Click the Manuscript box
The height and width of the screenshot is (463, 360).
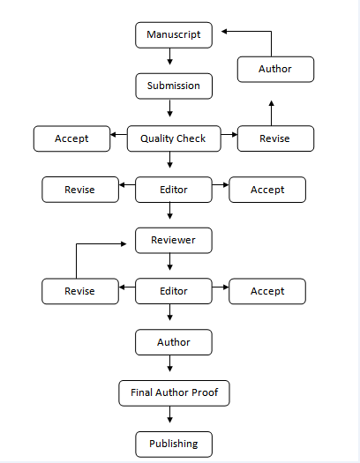174,35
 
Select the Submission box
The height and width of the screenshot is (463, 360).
174,86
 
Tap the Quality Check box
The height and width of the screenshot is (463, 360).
174,138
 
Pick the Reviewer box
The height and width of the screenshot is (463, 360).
174,241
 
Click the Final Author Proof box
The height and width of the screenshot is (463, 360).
174,393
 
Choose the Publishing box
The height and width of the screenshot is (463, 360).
174,444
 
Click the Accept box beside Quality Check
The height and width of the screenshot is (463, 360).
71,138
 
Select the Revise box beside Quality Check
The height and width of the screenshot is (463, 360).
275,138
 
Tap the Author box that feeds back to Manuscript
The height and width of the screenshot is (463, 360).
275,69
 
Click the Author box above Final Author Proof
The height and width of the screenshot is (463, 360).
174,342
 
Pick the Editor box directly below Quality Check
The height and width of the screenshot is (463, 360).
174,190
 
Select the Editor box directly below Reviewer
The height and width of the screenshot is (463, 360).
174,291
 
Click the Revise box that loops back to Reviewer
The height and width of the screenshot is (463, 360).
80,291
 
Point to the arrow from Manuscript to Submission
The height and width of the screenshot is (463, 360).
169,56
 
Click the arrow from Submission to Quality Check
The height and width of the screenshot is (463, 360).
169,108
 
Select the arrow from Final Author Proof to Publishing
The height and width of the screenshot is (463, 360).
169,414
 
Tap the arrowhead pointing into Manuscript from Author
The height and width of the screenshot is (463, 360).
224,31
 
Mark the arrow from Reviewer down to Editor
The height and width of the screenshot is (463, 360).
169,262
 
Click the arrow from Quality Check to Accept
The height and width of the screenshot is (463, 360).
118,135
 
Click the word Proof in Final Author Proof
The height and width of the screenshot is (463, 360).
205,392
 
